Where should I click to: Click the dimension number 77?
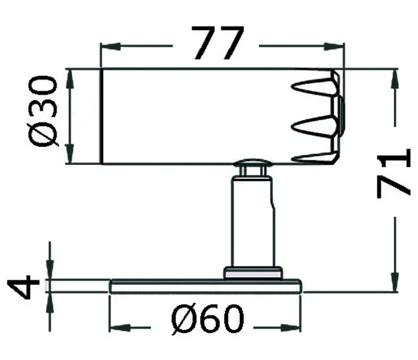pyautogui.click(x=217, y=43)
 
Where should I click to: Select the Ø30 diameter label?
pyautogui.click(x=43, y=112)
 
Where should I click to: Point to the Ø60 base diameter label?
pyautogui.click(x=207, y=319)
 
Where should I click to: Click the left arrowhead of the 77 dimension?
pyautogui.click(x=111, y=46)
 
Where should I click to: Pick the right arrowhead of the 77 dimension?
pyautogui.click(x=333, y=46)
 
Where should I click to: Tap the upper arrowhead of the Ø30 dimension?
pyautogui.click(x=70, y=79)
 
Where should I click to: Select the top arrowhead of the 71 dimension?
pyautogui.click(x=395, y=79)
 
